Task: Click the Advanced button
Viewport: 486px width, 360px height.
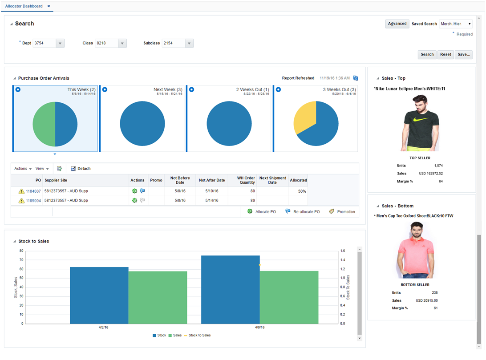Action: point(397,24)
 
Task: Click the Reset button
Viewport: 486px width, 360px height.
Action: point(445,55)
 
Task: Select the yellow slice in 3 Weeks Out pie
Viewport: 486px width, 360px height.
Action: point(304,117)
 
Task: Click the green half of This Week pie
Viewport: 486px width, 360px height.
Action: point(44,124)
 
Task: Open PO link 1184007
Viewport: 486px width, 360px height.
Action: point(33,191)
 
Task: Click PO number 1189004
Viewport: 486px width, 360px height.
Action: point(33,201)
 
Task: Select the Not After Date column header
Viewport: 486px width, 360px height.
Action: point(211,180)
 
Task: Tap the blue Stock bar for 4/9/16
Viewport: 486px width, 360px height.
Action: point(230,289)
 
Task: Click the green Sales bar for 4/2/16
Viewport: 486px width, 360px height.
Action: point(158,297)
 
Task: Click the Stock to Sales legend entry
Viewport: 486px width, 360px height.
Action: point(199,335)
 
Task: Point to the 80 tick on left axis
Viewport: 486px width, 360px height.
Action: point(21,251)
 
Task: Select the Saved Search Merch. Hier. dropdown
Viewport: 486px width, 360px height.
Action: point(455,24)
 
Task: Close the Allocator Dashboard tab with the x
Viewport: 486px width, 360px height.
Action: point(49,6)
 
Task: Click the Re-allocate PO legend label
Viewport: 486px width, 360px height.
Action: point(306,212)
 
